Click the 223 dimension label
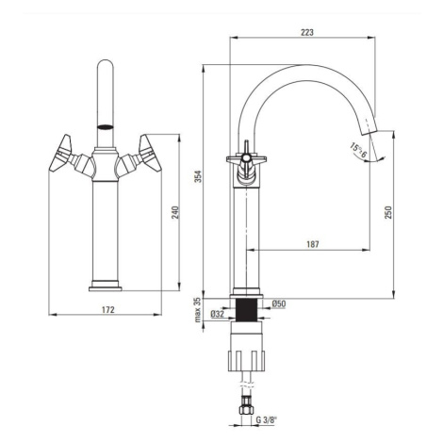pos(307,32)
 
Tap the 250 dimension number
pos(388,212)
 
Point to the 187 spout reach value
pos(313,244)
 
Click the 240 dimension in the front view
pos(175,212)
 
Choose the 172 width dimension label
pos(108,309)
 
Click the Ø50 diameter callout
pos(279,304)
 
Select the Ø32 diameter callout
pos(217,314)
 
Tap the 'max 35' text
pos(197,310)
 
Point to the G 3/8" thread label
pos(267,419)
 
